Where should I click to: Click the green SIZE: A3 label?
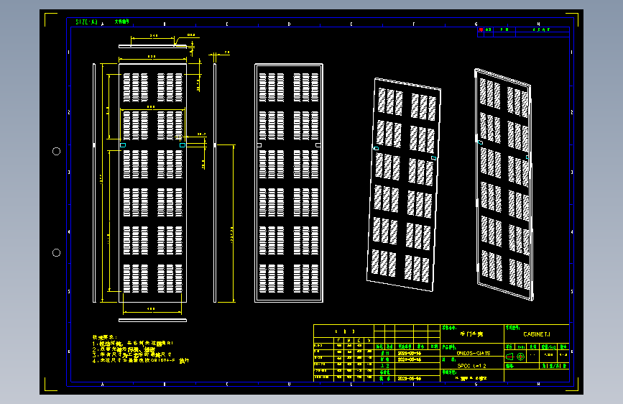86,22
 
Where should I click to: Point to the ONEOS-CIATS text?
474,354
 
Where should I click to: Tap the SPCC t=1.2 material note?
471,366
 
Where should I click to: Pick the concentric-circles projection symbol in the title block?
520,357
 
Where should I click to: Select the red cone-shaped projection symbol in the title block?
509,357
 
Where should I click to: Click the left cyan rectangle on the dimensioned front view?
122,145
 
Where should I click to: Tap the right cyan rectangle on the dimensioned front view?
183,145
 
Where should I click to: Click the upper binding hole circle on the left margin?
56,151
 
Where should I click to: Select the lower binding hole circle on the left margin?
56,252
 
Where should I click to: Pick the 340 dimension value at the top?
153,35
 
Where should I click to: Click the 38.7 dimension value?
201,134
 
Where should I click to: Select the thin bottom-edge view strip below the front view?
152,319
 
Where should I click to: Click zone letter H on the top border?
538,24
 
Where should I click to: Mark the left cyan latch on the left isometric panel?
374,148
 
